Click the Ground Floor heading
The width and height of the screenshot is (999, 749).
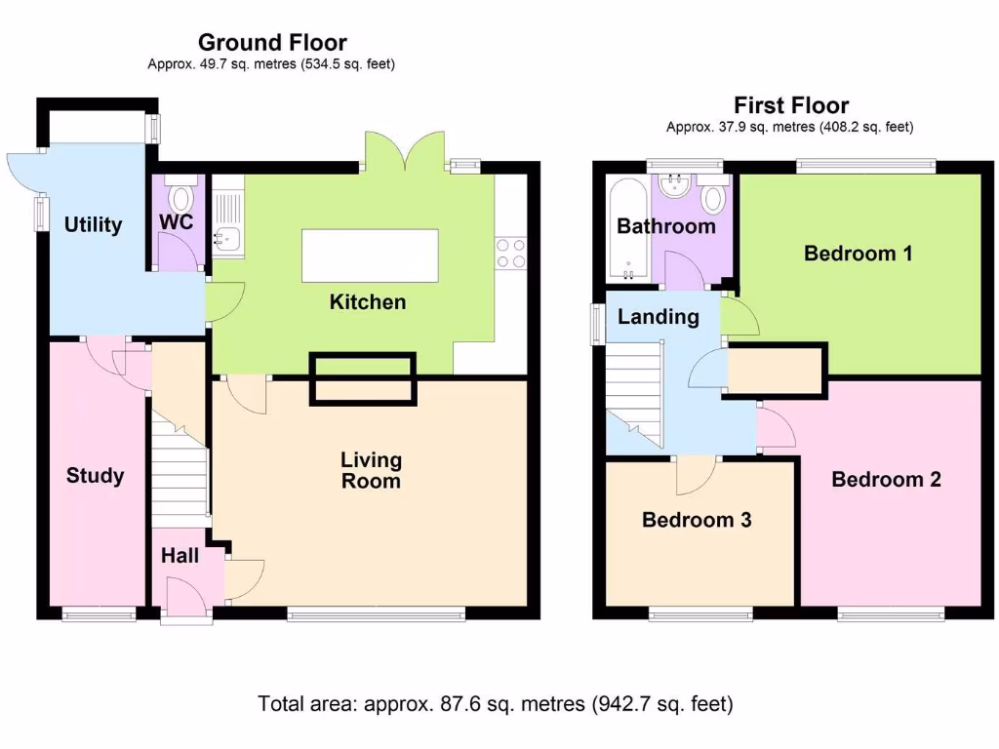(272, 43)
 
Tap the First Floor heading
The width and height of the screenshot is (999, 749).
(791, 105)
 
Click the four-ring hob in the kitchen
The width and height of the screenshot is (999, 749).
(511, 253)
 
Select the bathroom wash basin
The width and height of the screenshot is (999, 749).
(673, 186)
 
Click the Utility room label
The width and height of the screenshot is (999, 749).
(93, 225)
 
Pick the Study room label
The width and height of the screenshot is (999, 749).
(95, 476)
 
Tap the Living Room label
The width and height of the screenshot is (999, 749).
(371, 470)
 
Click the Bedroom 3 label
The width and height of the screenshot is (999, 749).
(697, 520)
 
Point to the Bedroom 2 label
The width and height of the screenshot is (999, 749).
(886, 479)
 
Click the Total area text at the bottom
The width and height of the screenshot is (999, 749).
(495, 702)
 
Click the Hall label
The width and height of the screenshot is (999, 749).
(180, 556)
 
